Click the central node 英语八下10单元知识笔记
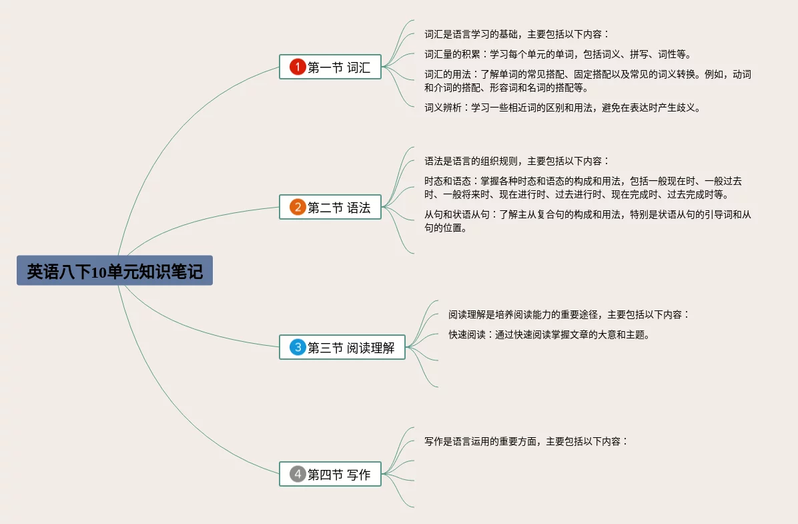click(x=115, y=271)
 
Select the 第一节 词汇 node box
click(x=330, y=67)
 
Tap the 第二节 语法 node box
click(x=330, y=208)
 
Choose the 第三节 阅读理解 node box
click(x=342, y=347)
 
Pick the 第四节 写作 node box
click(x=330, y=475)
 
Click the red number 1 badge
click(x=298, y=67)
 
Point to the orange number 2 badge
click(x=298, y=208)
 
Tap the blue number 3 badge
click(x=298, y=347)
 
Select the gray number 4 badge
click(x=298, y=475)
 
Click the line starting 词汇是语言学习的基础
click(x=517, y=34)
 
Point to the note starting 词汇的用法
click(x=587, y=81)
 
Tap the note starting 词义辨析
click(x=563, y=107)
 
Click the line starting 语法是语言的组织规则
click(x=517, y=161)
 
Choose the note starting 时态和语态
click(x=583, y=188)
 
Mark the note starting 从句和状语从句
click(x=587, y=221)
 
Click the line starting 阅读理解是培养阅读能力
click(x=568, y=314)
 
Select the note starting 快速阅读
click(x=549, y=334)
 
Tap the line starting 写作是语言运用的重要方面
click(x=526, y=441)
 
